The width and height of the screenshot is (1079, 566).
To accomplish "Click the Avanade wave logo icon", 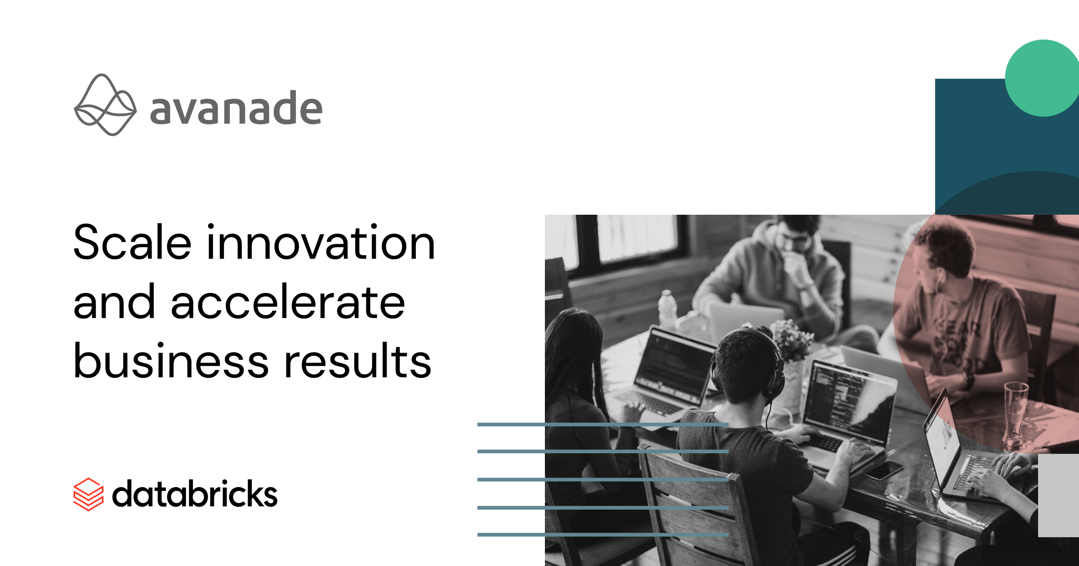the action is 105,105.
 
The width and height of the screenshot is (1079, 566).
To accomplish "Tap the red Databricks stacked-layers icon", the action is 89,494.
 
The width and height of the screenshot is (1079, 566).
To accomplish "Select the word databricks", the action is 195,494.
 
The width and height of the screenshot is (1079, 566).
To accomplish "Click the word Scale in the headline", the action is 132,243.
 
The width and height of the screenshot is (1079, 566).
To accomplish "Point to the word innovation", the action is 321,243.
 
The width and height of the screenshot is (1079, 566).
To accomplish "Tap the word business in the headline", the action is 171,360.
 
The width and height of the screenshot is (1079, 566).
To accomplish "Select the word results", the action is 357,360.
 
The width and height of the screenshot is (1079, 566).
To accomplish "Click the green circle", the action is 1042,78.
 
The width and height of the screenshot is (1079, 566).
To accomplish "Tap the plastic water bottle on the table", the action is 667,310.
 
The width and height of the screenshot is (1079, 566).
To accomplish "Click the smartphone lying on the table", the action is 884,470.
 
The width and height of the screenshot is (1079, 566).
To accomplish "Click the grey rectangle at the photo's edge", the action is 1058,495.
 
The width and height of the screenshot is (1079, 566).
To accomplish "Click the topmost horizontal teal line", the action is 603,424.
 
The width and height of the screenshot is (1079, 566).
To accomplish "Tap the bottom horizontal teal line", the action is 603,535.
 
